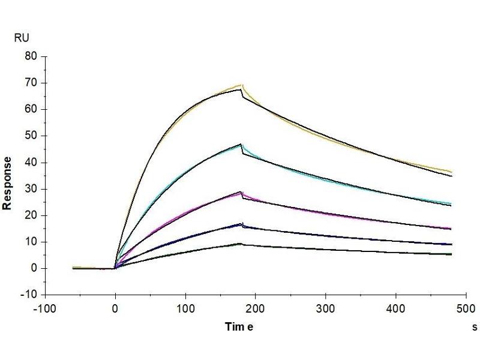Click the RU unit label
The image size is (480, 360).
coord(21,38)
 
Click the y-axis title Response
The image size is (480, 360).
coord(8,183)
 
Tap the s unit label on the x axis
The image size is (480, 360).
coord(475,326)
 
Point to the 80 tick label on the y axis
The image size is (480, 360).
coord(30,56)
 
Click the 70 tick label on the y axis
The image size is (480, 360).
coord(30,83)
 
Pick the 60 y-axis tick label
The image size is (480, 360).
coord(30,109)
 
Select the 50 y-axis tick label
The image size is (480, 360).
coord(30,136)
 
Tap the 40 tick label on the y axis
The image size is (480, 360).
coord(30,162)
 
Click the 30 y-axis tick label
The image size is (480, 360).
coord(30,189)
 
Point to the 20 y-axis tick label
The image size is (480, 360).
coord(30,215)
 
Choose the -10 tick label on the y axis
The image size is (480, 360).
coord(28,295)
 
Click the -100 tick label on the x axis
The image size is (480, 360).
coord(45,309)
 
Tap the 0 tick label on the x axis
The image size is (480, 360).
coord(115,309)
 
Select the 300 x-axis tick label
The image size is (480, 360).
coord(325,309)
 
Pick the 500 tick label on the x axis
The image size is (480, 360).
coord(466,309)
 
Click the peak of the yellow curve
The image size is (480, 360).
coord(241,85)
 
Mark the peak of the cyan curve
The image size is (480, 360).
coord(241,145)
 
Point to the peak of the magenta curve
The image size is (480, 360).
coord(241,193)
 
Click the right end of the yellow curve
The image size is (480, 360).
coord(451,172)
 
